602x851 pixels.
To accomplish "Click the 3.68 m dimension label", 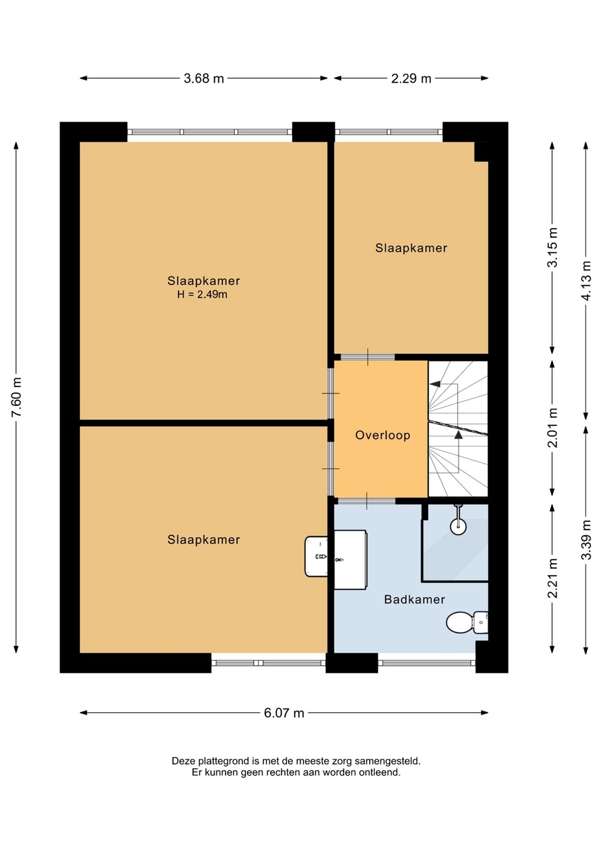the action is [203, 79].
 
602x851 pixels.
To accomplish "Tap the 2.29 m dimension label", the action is [411, 79].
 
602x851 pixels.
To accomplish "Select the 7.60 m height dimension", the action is [17, 397].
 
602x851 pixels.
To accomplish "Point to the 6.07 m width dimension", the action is [284, 713].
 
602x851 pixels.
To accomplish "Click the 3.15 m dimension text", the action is [552, 247].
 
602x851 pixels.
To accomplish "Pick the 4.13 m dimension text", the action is [587, 281].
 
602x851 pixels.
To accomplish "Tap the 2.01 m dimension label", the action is [552, 428].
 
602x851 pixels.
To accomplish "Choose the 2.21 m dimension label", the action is [552, 578].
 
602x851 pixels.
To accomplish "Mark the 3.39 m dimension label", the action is [587, 540].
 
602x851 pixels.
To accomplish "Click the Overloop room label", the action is [383, 436].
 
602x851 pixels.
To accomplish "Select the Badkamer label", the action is [415, 599].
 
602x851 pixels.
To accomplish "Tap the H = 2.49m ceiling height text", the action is [202, 294].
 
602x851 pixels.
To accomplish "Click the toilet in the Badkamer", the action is [467, 622].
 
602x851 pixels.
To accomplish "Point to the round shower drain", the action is [458, 527].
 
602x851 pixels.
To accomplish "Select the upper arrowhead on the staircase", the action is [435, 384].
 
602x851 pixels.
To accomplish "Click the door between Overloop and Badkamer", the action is [367, 501].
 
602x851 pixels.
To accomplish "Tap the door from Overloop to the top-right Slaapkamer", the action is [367, 357].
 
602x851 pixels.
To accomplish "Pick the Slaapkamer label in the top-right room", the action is [411, 248].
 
